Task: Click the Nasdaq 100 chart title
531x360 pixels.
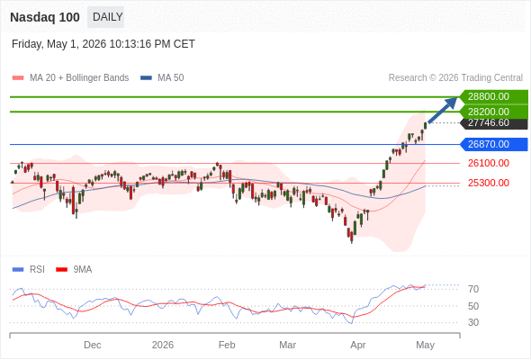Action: click(45, 17)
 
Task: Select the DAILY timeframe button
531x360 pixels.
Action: click(105, 17)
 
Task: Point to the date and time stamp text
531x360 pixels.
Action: click(103, 44)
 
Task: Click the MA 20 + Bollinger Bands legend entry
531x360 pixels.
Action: click(70, 78)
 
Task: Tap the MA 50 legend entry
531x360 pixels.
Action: click(162, 78)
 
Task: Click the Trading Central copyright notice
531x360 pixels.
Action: click(455, 78)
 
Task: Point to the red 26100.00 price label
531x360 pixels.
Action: click(489, 163)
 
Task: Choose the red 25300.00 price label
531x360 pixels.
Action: click(489, 183)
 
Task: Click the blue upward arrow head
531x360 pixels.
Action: click(452, 103)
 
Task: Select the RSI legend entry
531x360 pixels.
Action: click(29, 270)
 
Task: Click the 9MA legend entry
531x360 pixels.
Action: click(74, 270)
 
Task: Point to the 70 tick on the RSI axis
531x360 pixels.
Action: click(473, 289)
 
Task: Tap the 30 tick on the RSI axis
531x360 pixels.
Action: click(473, 322)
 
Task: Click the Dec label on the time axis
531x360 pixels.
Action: click(93, 345)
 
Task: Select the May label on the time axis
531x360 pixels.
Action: click(426, 345)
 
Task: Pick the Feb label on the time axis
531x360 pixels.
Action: click(227, 345)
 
